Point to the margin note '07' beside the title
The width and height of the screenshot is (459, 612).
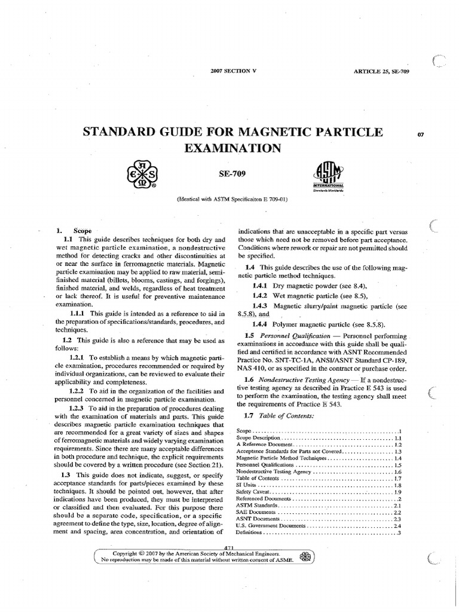pos(420,134)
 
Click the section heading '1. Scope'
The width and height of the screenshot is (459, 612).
pos(74,230)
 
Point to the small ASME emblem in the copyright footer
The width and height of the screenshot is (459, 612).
pos(305,556)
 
